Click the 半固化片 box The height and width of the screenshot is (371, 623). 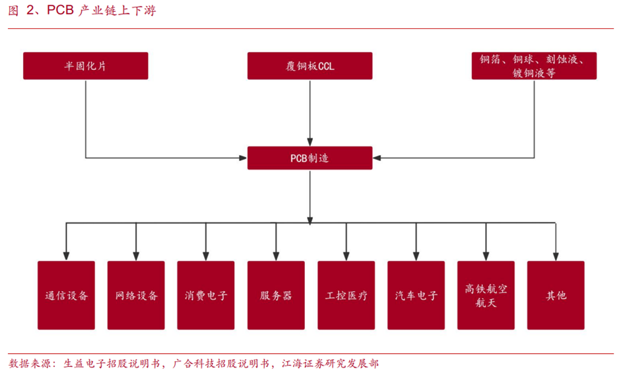85,66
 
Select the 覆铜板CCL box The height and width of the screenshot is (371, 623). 310,66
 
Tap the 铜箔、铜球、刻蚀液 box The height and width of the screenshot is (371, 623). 534,66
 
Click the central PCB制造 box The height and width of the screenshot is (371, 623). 310,158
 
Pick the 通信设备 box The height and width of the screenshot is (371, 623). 66,295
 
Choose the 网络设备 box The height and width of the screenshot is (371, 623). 136,295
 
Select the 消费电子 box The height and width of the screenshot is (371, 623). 206,295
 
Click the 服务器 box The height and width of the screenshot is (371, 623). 276,295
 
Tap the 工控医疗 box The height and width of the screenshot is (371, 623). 346,295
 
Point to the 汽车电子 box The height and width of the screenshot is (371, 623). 416,295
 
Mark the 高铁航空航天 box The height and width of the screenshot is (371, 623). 486,295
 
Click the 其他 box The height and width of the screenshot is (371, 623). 556,295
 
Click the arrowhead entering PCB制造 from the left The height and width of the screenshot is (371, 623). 242,158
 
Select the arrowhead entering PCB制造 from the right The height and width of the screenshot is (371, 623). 377,158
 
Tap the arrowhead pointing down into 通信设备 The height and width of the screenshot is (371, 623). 66,255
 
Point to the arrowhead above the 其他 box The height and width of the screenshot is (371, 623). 556,255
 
